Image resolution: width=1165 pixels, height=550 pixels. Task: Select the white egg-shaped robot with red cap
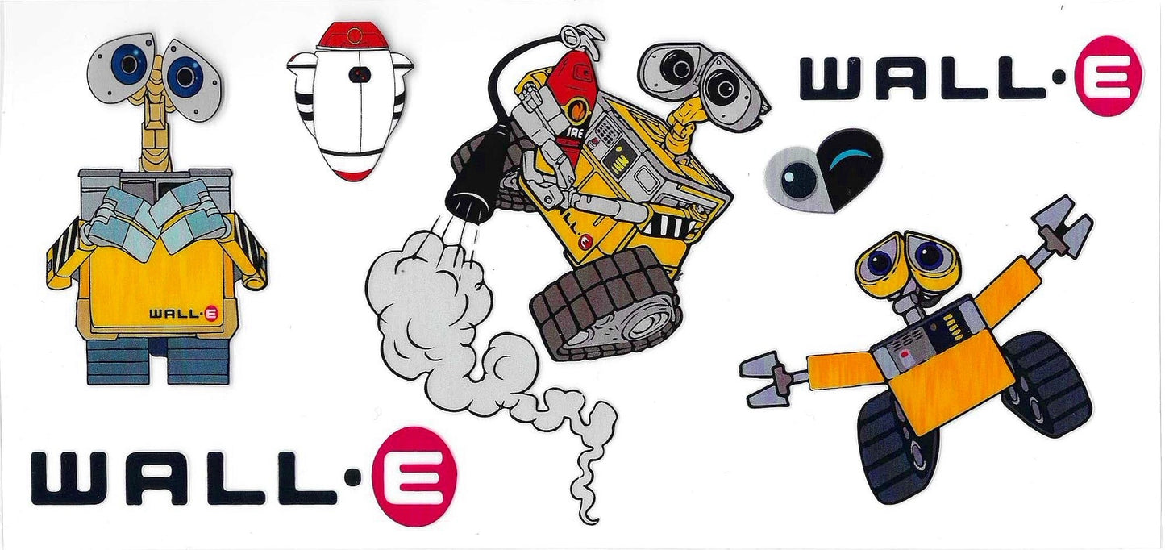[350, 102]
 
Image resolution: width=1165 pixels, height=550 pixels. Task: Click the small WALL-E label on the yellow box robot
[184, 314]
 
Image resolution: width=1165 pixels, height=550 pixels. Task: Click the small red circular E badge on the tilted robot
[586, 241]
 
